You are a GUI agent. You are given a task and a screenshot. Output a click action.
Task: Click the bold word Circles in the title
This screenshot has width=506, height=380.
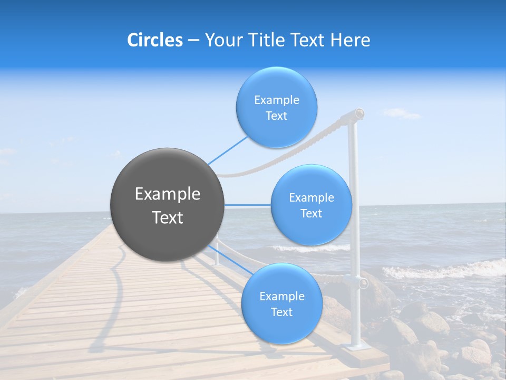(x=154, y=40)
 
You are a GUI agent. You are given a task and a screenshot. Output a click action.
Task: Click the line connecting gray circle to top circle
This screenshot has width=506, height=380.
(x=228, y=150)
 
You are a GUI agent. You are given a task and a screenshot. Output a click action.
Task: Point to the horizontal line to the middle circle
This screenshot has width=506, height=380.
(x=248, y=205)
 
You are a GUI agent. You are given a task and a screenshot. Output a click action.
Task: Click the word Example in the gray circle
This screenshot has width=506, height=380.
(x=167, y=194)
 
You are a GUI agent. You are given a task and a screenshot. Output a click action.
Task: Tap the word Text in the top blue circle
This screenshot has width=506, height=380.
(x=276, y=116)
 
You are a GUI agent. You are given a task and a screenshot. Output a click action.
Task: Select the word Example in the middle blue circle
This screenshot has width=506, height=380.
(x=311, y=198)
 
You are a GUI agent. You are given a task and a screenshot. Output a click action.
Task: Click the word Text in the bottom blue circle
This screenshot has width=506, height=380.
(x=281, y=312)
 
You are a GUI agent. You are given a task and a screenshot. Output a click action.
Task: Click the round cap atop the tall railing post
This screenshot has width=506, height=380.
(x=359, y=112)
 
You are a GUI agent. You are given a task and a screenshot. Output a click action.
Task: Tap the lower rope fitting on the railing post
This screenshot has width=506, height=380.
(x=363, y=283)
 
